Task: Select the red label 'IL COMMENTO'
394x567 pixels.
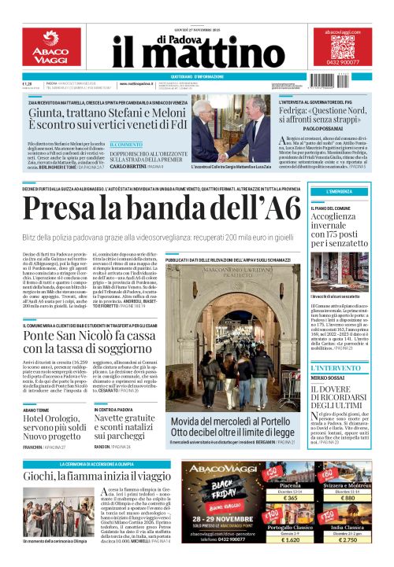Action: (x=126, y=145)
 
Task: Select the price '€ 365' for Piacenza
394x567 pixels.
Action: (x=290, y=498)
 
